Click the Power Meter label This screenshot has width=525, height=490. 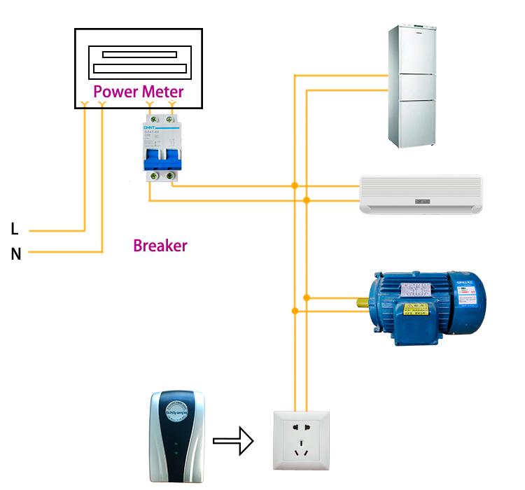point(139,92)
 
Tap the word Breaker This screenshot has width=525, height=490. point(160,246)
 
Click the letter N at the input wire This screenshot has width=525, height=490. point(16,253)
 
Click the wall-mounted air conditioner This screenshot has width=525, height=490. point(421,194)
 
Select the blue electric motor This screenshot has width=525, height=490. point(423,308)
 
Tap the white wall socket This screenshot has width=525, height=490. point(301,440)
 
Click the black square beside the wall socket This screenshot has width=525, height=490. point(233,440)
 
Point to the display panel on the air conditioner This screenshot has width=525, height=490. point(423,202)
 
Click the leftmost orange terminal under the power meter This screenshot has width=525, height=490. point(85,105)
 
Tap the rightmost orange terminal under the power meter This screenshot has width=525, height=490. point(171,105)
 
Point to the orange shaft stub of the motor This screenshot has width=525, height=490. point(363,303)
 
